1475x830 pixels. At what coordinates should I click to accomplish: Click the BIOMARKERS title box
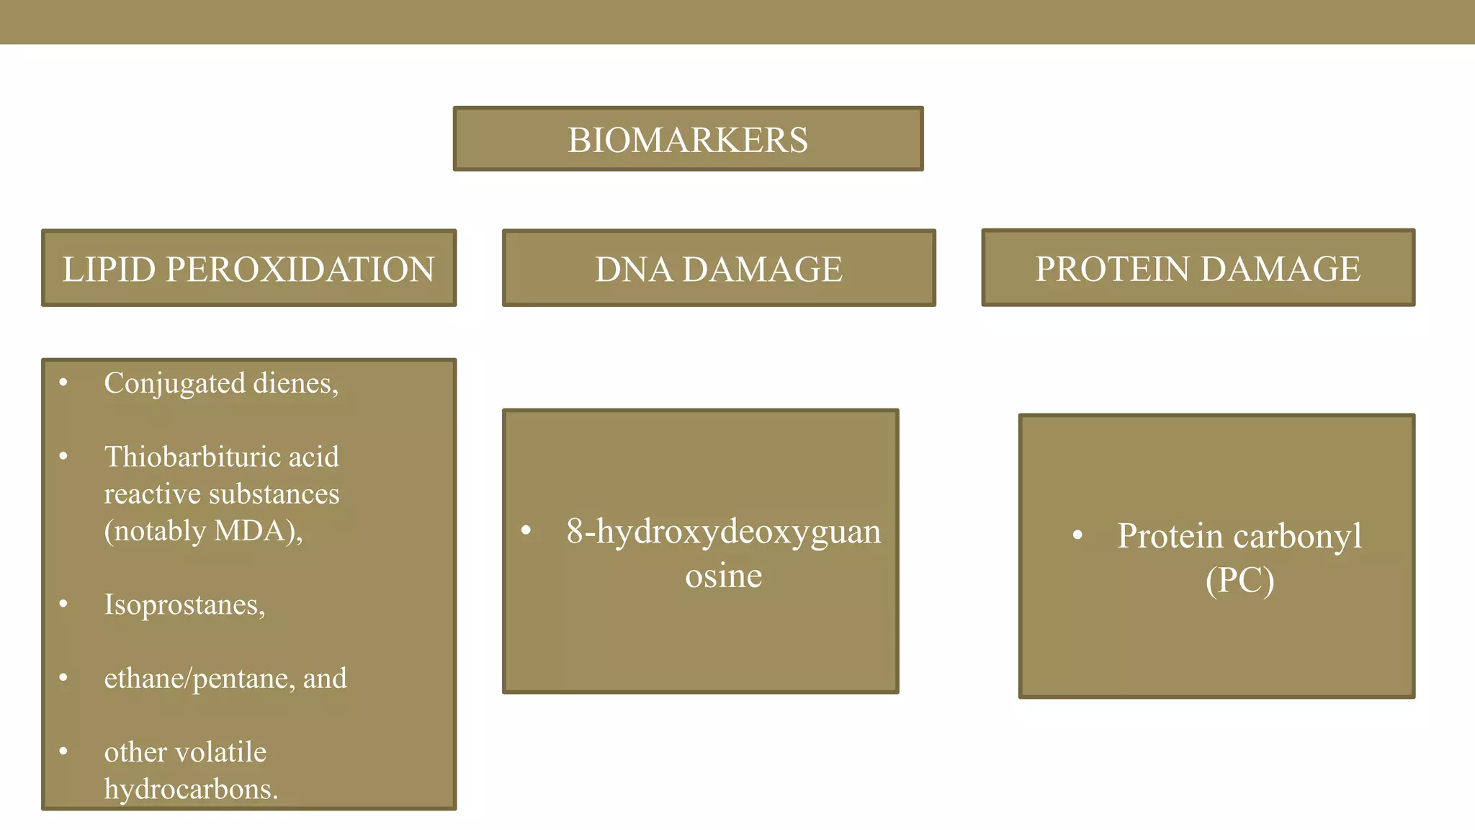[688, 139]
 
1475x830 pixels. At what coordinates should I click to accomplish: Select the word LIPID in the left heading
[109, 269]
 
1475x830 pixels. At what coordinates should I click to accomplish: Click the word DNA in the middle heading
[633, 269]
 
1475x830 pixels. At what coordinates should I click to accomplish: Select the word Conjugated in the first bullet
[174, 383]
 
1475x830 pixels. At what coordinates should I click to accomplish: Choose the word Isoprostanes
[184, 604]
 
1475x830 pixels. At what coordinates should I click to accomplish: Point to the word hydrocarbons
[190, 789]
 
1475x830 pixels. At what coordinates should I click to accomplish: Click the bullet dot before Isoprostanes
[63, 603]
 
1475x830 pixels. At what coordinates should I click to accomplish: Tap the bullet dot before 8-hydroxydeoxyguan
[526, 531]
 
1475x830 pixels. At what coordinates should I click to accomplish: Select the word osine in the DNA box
[723, 576]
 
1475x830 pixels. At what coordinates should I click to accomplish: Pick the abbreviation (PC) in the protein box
[1239, 580]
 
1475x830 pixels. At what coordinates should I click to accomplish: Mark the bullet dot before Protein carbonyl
[1077, 535]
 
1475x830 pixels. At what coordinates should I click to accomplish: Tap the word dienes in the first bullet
[295, 383]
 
